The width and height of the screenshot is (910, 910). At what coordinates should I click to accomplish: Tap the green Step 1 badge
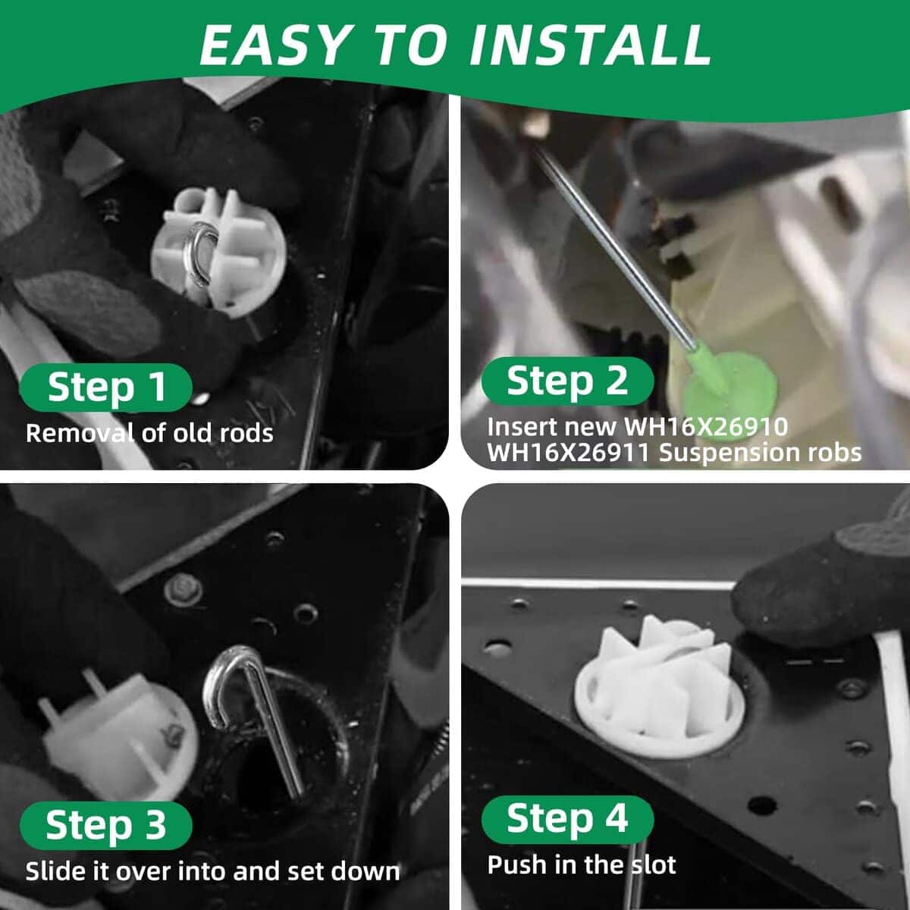pos(105,388)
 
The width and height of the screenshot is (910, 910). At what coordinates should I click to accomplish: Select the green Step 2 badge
pos(567,381)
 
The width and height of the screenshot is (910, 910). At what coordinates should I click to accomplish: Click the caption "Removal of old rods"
pos(149,432)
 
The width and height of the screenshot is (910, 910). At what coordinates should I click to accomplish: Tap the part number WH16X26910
pos(706,426)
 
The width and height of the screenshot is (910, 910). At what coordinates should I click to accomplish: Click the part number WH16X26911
pos(569,453)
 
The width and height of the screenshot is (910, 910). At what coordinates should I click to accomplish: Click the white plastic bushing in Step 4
pos(660,689)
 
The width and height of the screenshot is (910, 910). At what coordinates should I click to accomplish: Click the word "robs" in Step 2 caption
pos(835,453)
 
